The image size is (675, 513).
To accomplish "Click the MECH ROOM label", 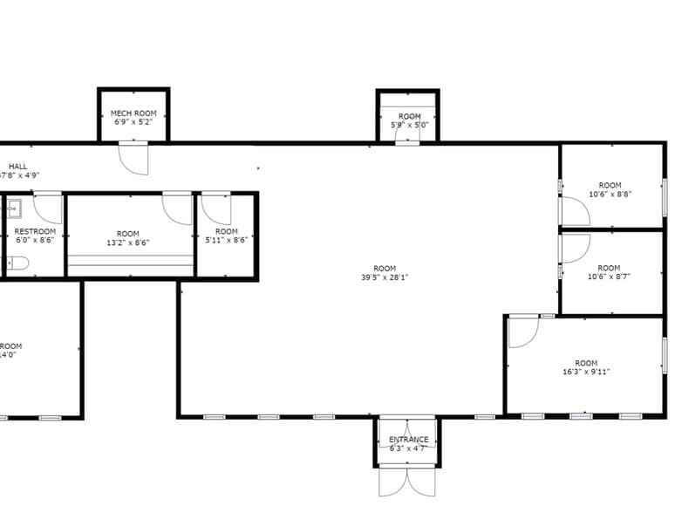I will [x=133, y=113].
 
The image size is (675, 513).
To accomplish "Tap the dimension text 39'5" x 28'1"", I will [x=385, y=277].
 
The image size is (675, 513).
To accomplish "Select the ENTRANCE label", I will [x=408, y=439].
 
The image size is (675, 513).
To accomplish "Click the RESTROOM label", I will [x=35, y=231].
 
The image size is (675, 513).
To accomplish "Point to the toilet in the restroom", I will [x=18, y=263].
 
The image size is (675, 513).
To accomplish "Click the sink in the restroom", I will [x=15, y=208].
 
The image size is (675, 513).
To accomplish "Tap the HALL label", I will [x=18, y=166].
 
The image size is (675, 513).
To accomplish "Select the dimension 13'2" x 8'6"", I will [x=127, y=243].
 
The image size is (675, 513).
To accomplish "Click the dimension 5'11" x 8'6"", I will [x=227, y=240].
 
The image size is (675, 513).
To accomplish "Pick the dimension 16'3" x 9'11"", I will [x=586, y=372].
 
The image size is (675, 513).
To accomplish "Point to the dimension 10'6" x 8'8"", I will [x=610, y=194].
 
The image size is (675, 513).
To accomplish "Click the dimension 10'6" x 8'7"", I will [x=610, y=277].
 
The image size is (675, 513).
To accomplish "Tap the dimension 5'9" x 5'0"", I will [x=409, y=125].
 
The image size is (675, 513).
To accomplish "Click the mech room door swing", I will [x=133, y=158].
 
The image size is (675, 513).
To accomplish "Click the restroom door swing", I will [x=48, y=209].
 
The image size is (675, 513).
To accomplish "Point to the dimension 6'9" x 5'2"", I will [x=133, y=123].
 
